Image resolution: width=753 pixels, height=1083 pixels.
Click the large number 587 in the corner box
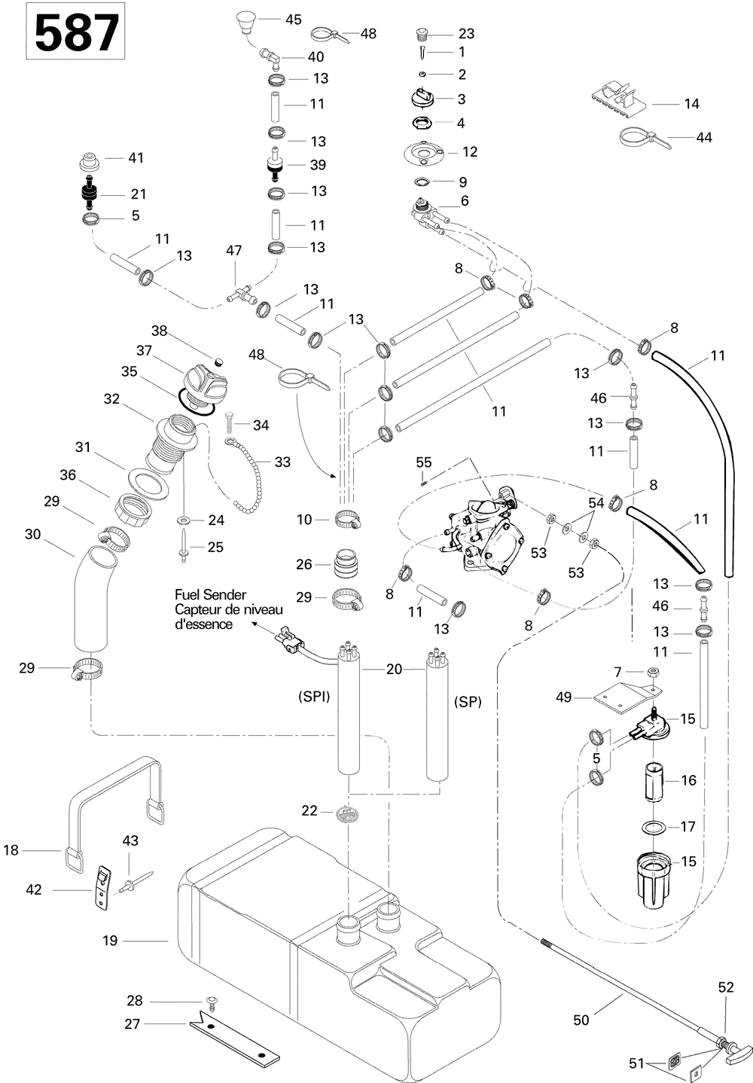[x=76, y=32]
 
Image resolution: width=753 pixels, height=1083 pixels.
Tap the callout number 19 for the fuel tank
[x=110, y=941]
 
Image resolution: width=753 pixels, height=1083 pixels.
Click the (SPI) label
[x=314, y=697]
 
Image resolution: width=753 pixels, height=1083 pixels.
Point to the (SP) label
[x=468, y=701]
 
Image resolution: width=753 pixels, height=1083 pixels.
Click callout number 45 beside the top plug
[x=294, y=20]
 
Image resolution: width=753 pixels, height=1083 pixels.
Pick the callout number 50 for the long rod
[x=581, y=1020]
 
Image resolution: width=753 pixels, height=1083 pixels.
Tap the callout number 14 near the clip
[x=691, y=104]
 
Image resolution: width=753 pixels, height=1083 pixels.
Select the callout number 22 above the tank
[x=309, y=810]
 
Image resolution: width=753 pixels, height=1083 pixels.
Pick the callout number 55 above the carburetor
[x=423, y=462]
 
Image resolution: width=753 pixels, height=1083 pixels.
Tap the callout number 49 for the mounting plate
[x=563, y=697]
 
